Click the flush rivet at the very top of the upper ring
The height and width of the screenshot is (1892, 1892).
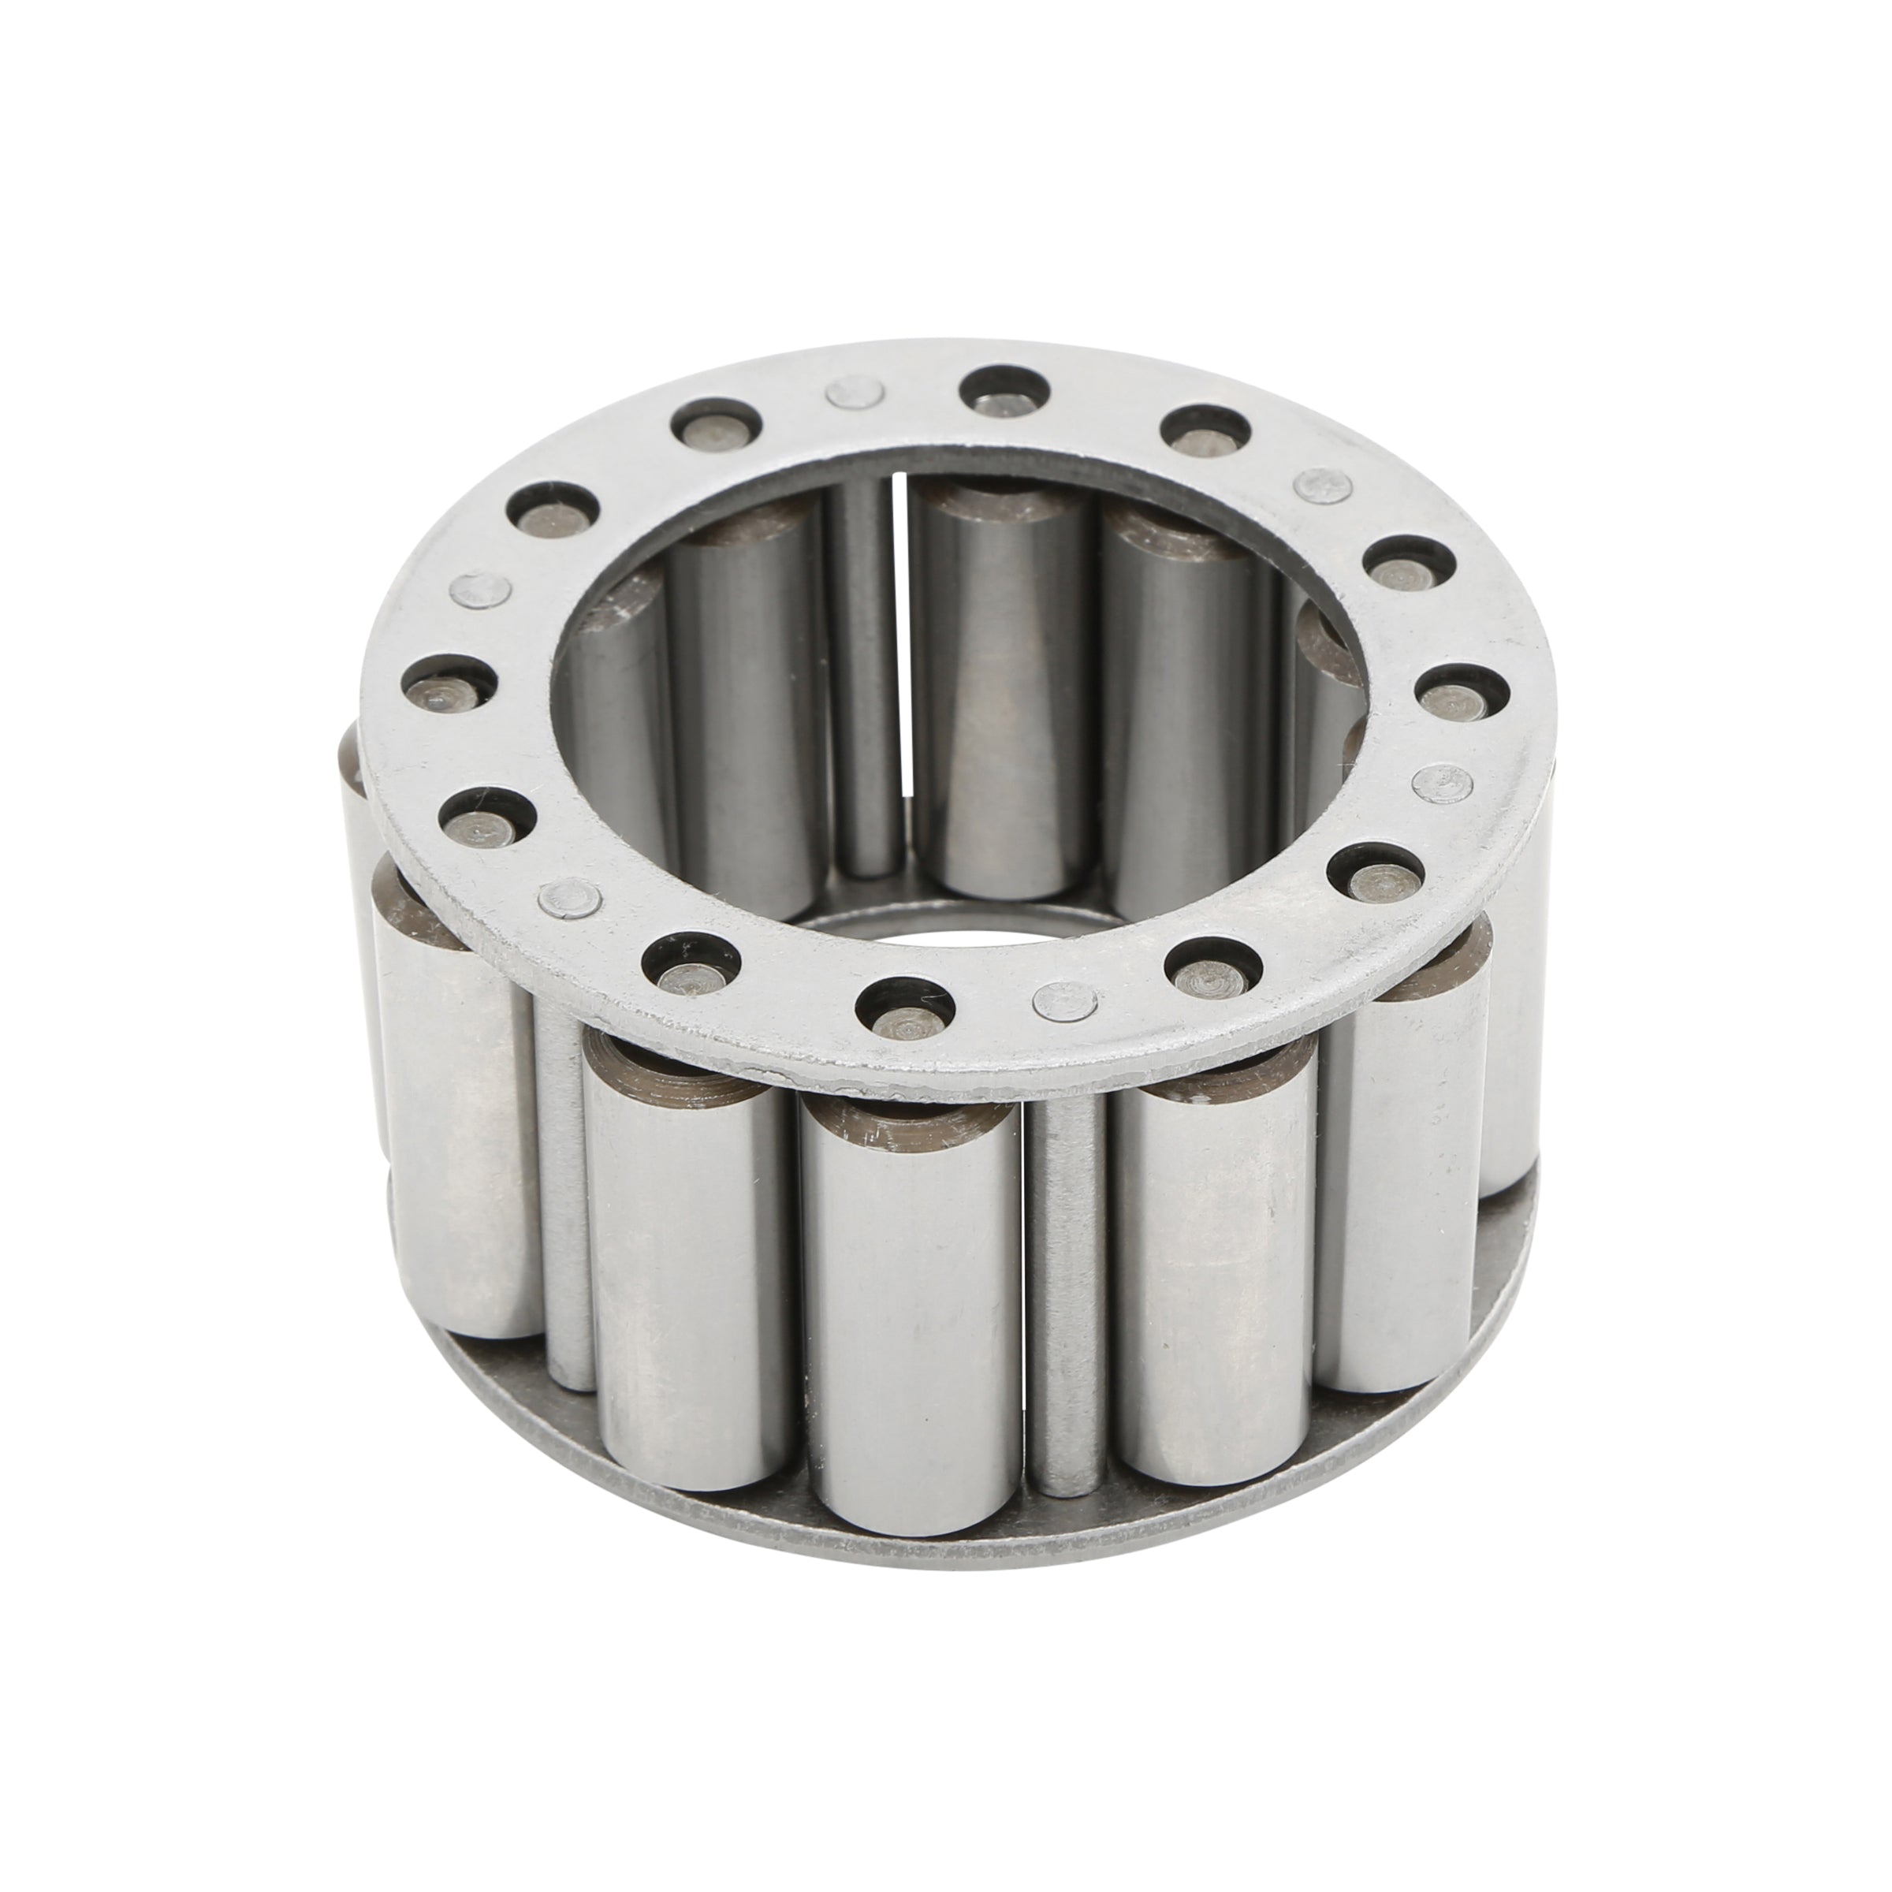tap(852, 393)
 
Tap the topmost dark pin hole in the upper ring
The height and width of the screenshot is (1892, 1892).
tap(1004, 389)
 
